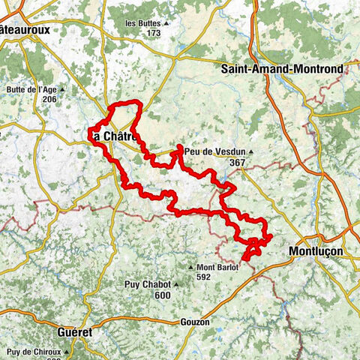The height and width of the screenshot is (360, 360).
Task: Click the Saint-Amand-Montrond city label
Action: click(282, 68)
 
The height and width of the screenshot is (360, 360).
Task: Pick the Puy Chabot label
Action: click(149, 285)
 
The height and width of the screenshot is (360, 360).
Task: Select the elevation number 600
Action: click(161, 295)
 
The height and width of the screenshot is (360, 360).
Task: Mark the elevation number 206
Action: click(50, 99)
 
